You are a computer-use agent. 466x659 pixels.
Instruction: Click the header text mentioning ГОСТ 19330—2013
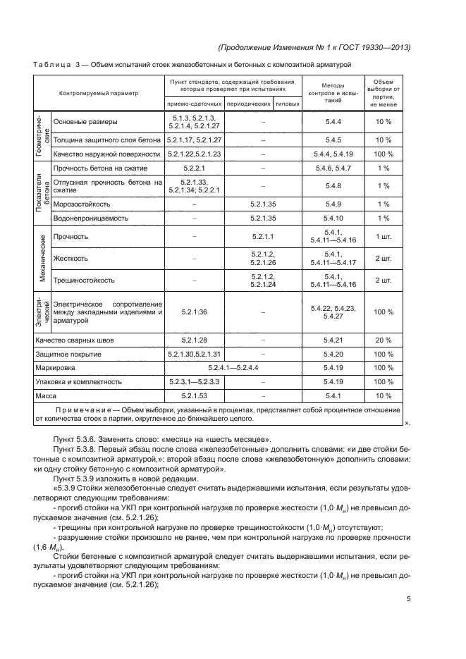click(x=315, y=47)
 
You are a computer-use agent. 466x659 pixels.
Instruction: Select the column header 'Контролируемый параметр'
click(x=99, y=93)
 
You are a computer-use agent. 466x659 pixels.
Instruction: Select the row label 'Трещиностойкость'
click(x=84, y=280)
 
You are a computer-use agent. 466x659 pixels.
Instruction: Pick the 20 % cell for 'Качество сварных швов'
click(x=384, y=340)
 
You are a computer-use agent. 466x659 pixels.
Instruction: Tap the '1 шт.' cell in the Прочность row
click(x=384, y=236)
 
